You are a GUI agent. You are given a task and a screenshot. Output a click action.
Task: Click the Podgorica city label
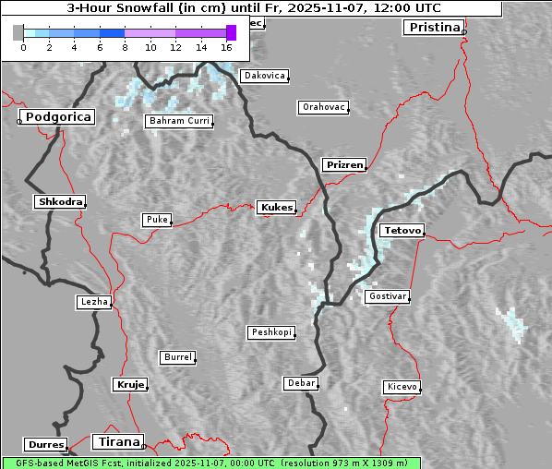(x=57, y=117)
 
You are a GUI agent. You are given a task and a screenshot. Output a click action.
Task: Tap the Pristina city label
(x=433, y=28)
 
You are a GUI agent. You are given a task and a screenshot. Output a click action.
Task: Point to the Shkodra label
(x=60, y=201)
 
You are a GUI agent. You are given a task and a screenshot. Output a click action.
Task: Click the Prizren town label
(x=345, y=165)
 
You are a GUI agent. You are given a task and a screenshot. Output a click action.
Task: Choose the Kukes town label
(x=277, y=208)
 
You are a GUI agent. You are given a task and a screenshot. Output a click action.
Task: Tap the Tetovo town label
(x=402, y=230)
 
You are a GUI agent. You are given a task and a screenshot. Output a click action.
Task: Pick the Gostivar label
(x=387, y=296)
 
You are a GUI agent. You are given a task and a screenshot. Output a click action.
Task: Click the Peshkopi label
(x=271, y=332)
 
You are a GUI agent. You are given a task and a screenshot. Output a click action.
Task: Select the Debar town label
(x=301, y=382)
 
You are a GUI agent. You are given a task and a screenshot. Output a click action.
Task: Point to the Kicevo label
(x=402, y=386)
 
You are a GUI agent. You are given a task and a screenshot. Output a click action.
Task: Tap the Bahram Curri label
(x=179, y=121)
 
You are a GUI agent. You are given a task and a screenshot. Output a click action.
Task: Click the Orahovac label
(x=324, y=107)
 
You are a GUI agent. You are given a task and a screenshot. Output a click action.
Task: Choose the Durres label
(x=46, y=445)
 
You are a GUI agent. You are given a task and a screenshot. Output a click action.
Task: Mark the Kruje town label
(x=130, y=384)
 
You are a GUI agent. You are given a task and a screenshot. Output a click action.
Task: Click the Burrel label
(x=177, y=356)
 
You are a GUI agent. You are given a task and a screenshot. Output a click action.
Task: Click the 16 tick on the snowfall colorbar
(x=227, y=46)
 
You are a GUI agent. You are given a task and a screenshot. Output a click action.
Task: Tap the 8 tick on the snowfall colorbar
(x=125, y=46)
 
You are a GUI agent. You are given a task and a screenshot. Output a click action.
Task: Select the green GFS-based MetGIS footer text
(x=210, y=463)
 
